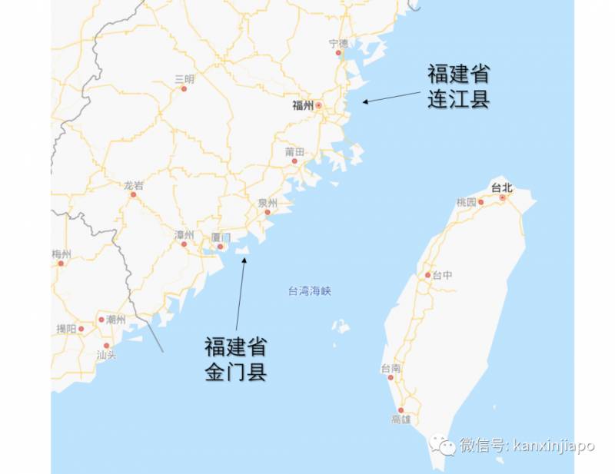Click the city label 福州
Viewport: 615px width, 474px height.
(x=303, y=106)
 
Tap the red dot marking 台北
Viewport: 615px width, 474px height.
(x=502, y=197)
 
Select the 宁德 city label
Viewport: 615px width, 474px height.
(x=338, y=43)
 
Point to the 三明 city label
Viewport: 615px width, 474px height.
(x=184, y=79)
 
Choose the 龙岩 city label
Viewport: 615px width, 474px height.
(x=133, y=185)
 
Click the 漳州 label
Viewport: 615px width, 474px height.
(x=184, y=234)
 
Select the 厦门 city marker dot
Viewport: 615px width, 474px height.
(x=220, y=247)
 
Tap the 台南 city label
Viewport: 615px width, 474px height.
(x=391, y=369)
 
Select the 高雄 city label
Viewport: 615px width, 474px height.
(x=401, y=419)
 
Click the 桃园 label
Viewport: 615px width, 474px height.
(x=467, y=202)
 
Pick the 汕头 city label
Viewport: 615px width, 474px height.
(x=106, y=355)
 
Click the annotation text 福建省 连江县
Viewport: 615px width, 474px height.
(x=458, y=87)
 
